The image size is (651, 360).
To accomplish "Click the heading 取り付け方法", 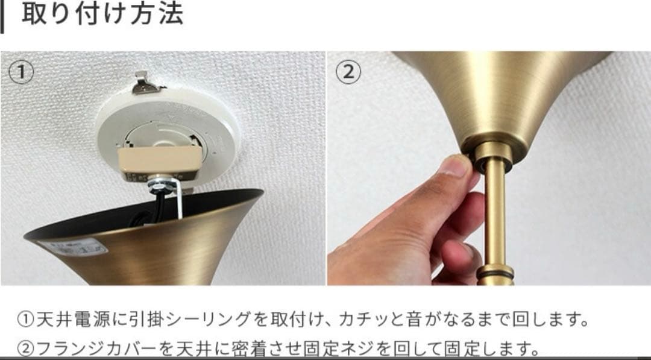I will (x=102, y=14).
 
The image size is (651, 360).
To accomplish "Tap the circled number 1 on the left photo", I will (x=22, y=72).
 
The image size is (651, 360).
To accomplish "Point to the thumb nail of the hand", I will (x=456, y=165).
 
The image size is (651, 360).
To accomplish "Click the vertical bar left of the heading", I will (x=3, y=16).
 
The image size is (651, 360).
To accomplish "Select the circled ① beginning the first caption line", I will (x=26, y=320).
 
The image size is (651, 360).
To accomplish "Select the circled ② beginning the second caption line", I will (x=26, y=349).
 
